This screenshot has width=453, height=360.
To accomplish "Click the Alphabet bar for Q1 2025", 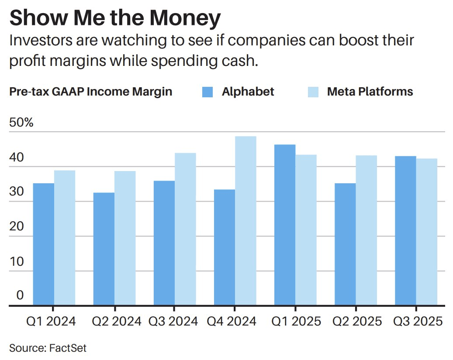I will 285,225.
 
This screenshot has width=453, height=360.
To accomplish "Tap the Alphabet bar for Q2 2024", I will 104,249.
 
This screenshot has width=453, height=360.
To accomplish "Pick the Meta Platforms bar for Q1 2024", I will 65,238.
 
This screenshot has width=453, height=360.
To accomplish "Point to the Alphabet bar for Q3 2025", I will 405,231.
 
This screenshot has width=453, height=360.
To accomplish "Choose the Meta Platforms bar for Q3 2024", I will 185,230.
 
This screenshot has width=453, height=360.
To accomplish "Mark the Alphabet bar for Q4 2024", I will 225,247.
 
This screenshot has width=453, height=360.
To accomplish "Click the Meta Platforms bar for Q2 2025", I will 366,230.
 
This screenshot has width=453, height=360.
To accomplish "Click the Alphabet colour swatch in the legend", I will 207,92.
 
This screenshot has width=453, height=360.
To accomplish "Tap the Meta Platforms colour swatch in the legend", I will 313,92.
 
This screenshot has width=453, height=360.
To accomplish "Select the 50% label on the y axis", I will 21,123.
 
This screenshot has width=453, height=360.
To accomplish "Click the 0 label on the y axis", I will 20,295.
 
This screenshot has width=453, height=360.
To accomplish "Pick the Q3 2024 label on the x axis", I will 173,322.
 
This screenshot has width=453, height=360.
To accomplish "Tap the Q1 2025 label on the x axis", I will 296,322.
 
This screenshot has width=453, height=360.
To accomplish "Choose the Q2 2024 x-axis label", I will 117,322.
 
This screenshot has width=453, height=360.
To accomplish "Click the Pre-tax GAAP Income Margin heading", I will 90,92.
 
